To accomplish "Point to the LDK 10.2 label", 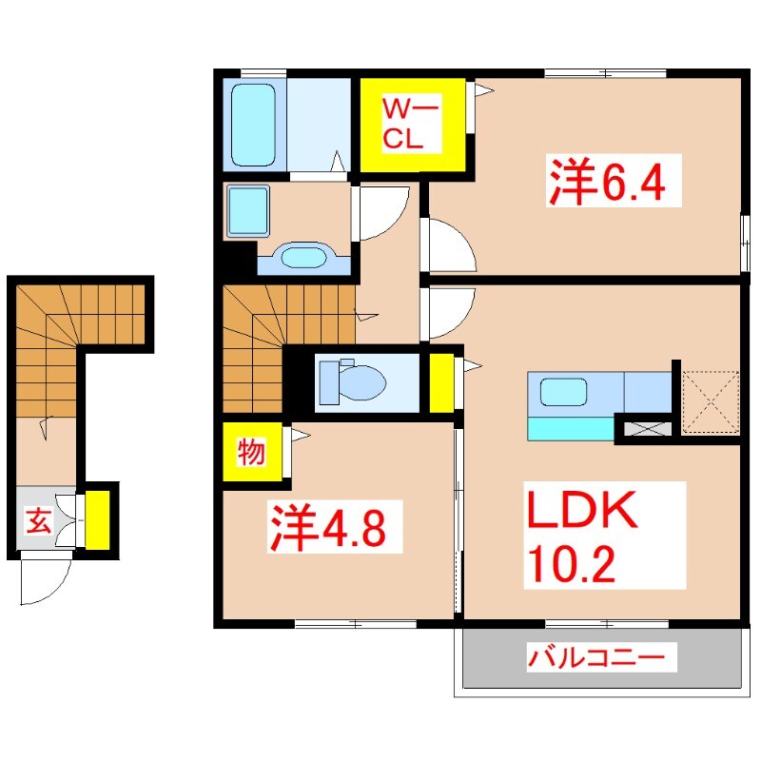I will point(579,538).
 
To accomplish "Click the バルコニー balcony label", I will point(602,656).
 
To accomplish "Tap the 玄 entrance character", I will point(37,520).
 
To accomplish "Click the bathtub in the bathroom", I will point(252,124).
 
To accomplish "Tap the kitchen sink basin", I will point(564,392).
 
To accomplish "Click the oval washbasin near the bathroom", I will point(303,257).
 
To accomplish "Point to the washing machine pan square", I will point(248,211).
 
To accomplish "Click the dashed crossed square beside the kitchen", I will point(711,400).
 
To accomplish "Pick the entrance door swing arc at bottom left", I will point(46,580).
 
